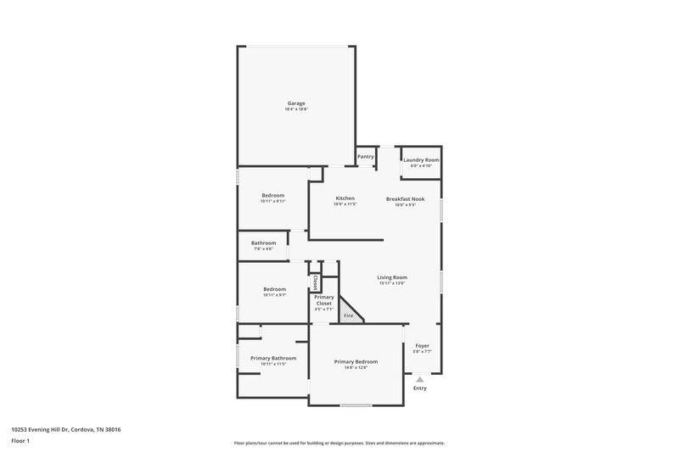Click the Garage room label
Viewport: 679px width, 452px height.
click(295, 103)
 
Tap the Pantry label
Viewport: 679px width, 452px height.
click(366, 156)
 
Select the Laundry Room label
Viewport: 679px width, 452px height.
click(421, 159)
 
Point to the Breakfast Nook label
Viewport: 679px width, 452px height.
click(405, 198)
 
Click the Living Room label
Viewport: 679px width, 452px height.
click(392, 277)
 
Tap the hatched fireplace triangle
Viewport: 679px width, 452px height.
click(349, 312)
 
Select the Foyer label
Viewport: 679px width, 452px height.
click(422, 346)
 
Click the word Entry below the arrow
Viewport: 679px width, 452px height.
click(420, 388)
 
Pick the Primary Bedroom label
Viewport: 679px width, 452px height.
click(355, 361)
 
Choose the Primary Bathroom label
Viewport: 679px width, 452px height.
click(272, 358)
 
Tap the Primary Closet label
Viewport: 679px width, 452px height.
click(323, 300)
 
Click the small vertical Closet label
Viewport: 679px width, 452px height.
click(315, 282)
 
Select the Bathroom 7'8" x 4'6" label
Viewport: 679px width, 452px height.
click(263, 243)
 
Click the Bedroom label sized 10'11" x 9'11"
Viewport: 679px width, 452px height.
click(272, 195)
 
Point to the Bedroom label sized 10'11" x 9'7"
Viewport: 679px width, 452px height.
click(273, 289)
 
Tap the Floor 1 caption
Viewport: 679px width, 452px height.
click(22, 442)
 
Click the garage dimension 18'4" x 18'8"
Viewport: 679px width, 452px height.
click(295, 109)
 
